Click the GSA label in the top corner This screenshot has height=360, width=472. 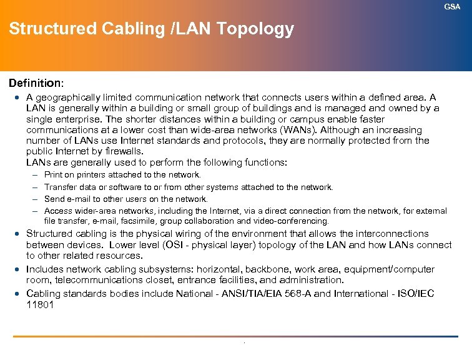pos(452,6)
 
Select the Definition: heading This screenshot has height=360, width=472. pos(35,82)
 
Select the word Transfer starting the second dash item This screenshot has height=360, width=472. pos(61,187)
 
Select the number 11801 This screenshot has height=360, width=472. pos(40,304)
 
